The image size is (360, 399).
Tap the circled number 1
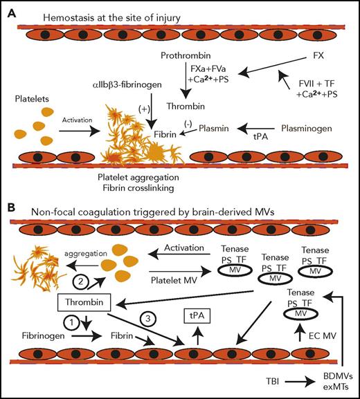click(71, 322)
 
